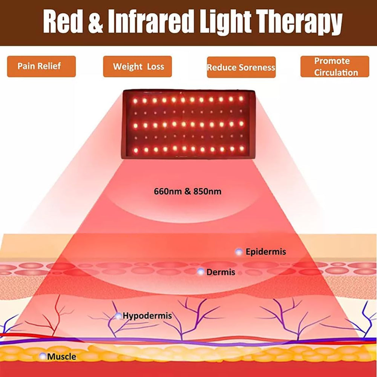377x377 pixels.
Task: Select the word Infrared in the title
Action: tap(151, 21)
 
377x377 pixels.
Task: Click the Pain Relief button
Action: tap(41, 66)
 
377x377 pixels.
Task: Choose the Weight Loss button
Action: tap(137, 66)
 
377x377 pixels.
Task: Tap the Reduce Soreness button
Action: tap(241, 67)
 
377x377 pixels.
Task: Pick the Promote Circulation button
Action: tap(335, 66)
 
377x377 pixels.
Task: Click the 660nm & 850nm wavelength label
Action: tap(187, 192)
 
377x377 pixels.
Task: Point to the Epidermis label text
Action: tap(266, 252)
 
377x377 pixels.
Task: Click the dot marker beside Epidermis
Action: tap(239, 252)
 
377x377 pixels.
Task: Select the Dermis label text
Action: tap(221, 272)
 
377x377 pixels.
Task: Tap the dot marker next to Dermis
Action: tap(201, 272)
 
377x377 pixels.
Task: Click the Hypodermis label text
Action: tap(147, 316)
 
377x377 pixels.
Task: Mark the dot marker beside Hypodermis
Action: tap(118, 316)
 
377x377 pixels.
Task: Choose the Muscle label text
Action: tap(61, 357)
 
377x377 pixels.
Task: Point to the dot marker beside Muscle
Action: tap(43, 356)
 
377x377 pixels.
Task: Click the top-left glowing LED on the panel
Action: tap(135, 101)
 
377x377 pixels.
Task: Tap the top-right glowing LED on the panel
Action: tap(241, 98)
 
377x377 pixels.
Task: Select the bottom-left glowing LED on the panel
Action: tap(136, 150)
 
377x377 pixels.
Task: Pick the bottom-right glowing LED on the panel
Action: tap(242, 148)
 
